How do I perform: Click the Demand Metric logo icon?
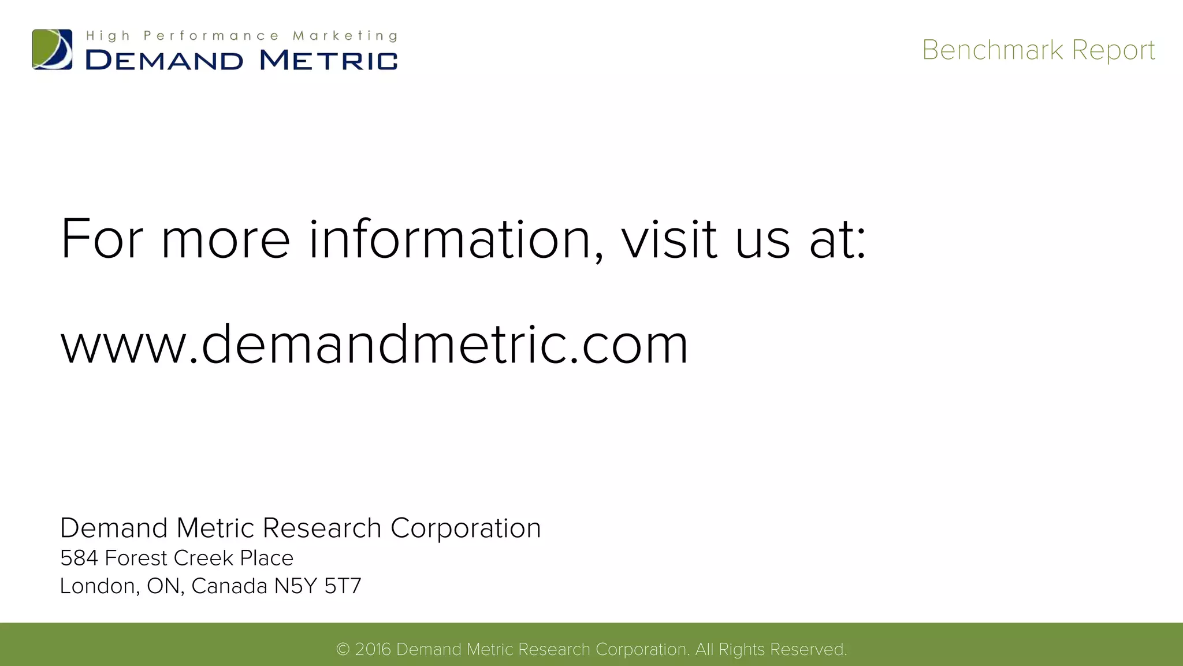pyautogui.click(x=52, y=50)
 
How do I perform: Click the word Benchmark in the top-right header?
pyautogui.click(x=992, y=50)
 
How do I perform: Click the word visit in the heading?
pyautogui.click(x=669, y=239)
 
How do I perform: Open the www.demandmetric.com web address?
pyautogui.click(x=374, y=345)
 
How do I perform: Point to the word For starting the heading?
pyautogui.click(x=102, y=239)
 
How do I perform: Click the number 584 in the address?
pyautogui.click(x=79, y=558)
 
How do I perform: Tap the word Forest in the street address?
pyautogui.click(x=136, y=558)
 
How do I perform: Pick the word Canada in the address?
pyautogui.click(x=229, y=586)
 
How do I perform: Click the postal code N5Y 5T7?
pyautogui.click(x=318, y=586)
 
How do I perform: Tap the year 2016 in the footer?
pyautogui.click(x=373, y=650)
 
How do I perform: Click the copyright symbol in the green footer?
pyautogui.click(x=343, y=650)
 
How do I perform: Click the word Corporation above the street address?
pyautogui.click(x=466, y=528)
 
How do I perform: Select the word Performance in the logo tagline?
pyautogui.click(x=211, y=36)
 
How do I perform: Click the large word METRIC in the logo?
pyautogui.click(x=329, y=60)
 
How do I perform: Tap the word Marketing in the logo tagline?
pyautogui.click(x=345, y=36)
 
